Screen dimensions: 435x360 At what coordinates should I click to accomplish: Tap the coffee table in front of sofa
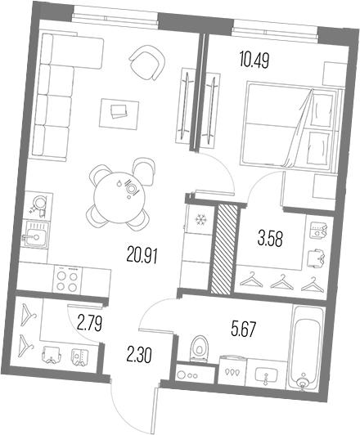click(115, 110)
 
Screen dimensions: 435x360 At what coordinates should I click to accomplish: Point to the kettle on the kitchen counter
click(37, 202)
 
